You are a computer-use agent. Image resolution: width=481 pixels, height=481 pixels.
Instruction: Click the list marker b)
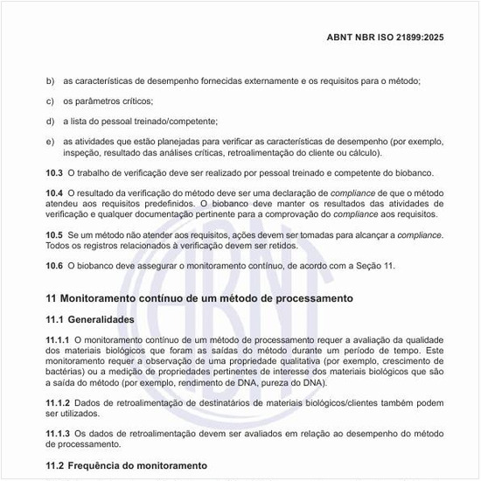(x=50, y=81)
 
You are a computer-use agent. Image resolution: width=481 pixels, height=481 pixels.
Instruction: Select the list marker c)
(x=50, y=101)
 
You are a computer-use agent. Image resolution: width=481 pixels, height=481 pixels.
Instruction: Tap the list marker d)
(x=50, y=121)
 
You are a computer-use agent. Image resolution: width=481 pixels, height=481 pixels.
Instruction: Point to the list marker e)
(x=50, y=141)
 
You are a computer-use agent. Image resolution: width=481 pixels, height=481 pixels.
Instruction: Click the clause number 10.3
(x=54, y=172)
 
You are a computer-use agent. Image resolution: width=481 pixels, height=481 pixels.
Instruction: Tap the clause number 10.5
(x=54, y=235)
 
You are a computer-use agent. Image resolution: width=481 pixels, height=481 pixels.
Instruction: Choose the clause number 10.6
(x=54, y=266)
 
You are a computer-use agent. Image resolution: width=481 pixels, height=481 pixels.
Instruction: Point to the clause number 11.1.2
(x=58, y=402)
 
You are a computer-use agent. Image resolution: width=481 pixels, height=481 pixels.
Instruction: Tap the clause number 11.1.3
(x=58, y=434)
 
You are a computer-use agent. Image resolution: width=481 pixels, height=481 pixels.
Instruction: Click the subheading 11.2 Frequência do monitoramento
(x=126, y=465)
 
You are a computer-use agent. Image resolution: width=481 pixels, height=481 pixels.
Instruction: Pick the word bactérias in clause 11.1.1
(x=66, y=372)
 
